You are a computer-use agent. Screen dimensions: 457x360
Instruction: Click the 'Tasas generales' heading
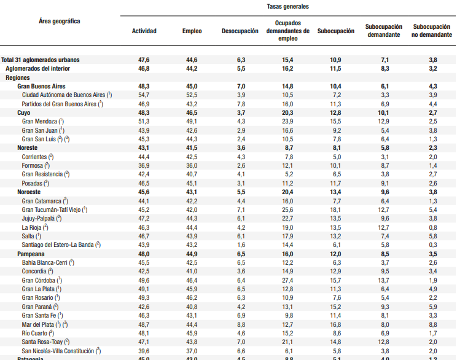pos(287,6)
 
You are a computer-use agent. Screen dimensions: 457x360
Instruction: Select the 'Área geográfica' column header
pos(59,21)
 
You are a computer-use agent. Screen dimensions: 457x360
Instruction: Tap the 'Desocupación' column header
pos(240,31)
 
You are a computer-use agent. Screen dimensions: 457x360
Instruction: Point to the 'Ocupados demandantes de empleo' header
pos(287,31)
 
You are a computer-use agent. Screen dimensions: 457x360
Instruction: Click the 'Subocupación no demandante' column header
pos(432,31)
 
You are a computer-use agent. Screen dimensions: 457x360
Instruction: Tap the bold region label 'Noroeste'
pos(29,192)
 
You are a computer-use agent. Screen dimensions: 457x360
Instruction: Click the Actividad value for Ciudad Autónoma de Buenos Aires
pos(144,95)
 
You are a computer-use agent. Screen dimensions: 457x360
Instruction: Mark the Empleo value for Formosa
pos(192,166)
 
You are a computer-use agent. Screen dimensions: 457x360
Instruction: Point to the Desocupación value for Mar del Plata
pos(241,324)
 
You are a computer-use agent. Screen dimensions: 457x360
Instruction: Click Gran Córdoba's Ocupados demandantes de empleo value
pos(287,280)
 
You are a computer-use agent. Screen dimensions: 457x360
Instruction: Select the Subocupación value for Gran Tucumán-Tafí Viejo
pos(335,210)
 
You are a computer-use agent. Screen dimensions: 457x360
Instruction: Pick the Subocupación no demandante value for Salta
pos(433,236)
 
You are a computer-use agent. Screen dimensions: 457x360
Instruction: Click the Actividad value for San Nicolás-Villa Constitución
pos(144,351)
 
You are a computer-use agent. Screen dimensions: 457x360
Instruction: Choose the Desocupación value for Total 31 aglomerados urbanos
pos(241,60)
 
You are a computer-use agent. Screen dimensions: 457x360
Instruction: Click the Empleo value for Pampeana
pos(192,254)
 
